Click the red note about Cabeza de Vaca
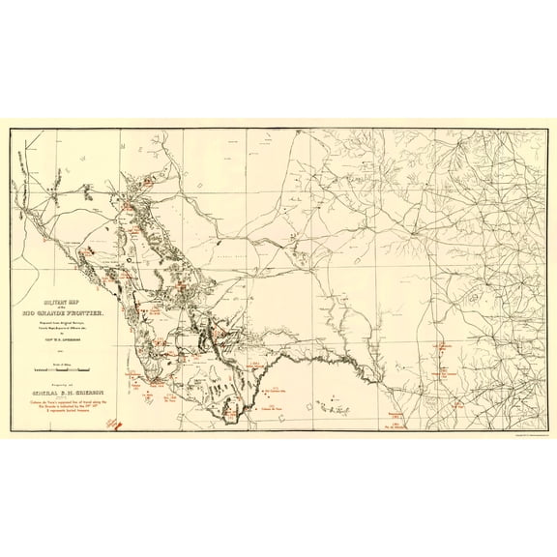tap(64, 408)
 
